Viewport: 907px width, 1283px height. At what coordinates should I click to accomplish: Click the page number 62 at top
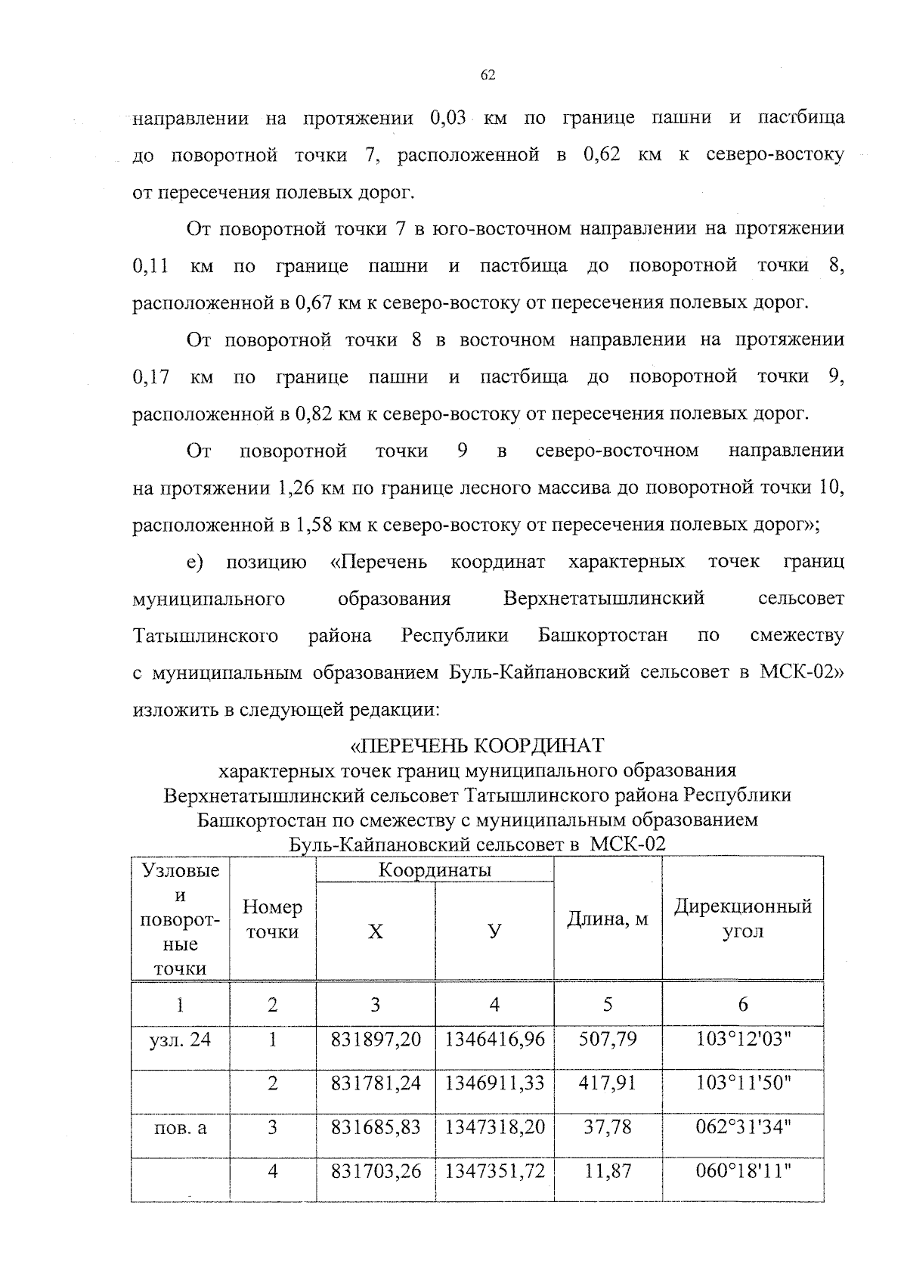click(x=488, y=75)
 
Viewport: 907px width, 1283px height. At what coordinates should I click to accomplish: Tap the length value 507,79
click(x=608, y=1040)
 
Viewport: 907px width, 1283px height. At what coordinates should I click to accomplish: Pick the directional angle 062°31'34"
click(x=743, y=1127)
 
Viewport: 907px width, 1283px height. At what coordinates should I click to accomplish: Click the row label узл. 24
click(x=180, y=1040)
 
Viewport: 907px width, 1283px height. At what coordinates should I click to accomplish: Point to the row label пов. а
click(x=180, y=1128)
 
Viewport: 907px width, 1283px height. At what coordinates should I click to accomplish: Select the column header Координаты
click(x=435, y=870)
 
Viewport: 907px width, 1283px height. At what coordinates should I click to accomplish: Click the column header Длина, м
click(x=608, y=919)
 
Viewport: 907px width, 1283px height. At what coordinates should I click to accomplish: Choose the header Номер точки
click(x=272, y=919)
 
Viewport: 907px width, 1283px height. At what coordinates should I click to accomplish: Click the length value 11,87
click(x=608, y=1171)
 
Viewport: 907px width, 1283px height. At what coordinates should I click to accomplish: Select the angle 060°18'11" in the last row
click(x=743, y=1171)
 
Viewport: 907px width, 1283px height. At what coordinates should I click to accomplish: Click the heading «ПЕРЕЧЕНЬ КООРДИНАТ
click(x=476, y=745)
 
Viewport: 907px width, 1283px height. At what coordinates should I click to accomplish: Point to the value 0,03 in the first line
click(x=450, y=119)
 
